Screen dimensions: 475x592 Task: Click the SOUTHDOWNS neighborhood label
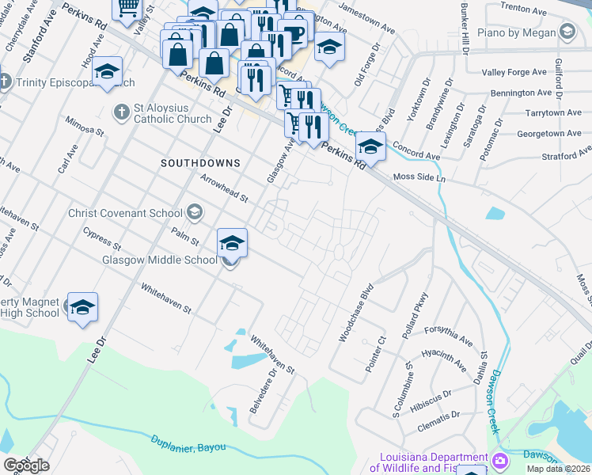click(x=199, y=162)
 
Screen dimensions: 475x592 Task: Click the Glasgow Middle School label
click(x=159, y=260)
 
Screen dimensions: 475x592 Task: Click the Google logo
click(x=26, y=466)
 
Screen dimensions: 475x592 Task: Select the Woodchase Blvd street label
click(x=355, y=314)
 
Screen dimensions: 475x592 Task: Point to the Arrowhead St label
click(x=224, y=188)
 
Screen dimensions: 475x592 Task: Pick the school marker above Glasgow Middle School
click(x=232, y=243)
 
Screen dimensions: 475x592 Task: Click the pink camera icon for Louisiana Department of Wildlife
click(x=500, y=461)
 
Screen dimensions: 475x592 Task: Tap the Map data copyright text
click(x=559, y=469)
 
